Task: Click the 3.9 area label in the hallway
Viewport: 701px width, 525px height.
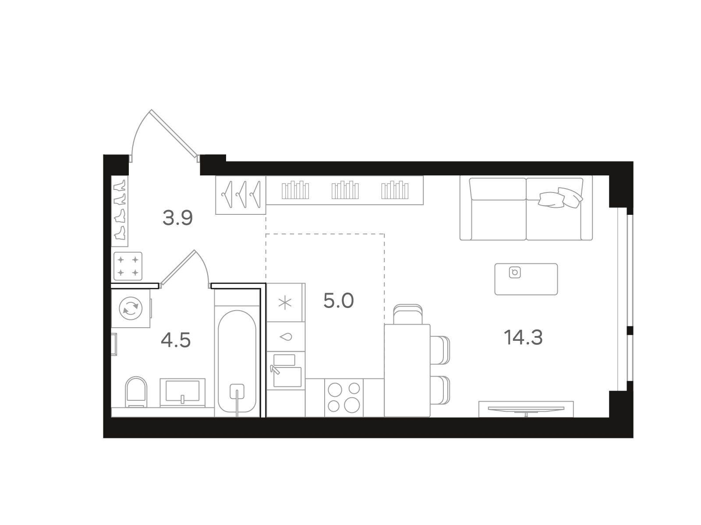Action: point(177,218)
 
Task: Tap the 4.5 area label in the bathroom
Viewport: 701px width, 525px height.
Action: point(176,340)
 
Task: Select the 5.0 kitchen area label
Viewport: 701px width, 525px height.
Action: point(338,301)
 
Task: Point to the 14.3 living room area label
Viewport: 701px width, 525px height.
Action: point(523,337)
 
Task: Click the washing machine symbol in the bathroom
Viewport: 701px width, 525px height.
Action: point(130,308)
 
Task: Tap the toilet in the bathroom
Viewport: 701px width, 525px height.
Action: point(136,392)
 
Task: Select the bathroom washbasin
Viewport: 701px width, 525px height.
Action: point(182,393)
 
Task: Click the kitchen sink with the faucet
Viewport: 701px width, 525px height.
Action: point(286,371)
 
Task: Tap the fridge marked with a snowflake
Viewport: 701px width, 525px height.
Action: point(285,302)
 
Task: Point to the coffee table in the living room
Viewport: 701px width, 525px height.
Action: point(526,279)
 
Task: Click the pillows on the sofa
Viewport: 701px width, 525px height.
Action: point(560,198)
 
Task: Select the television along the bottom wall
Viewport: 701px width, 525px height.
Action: point(526,409)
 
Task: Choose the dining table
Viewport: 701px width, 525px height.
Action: point(407,371)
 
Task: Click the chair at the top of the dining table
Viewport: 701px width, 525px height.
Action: point(408,314)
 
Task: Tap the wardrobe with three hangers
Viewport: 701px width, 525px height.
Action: point(241,195)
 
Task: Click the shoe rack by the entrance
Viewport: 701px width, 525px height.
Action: point(120,211)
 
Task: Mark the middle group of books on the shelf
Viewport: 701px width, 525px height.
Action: point(345,190)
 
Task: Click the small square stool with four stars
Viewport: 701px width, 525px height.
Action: point(128,266)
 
